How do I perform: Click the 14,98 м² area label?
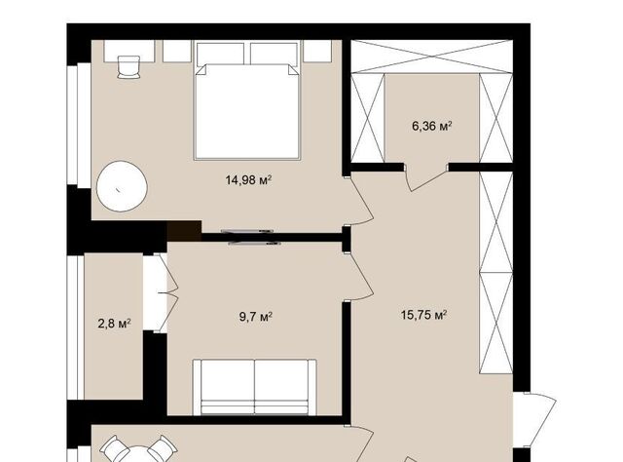[x=249, y=180]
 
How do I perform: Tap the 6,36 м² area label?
[x=432, y=126]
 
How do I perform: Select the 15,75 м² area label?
[x=424, y=315]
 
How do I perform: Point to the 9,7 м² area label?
[x=255, y=317]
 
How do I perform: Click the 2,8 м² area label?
[x=115, y=324]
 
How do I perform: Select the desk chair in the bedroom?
[x=128, y=67]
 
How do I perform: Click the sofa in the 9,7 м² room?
[x=255, y=387]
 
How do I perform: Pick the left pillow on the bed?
[x=220, y=54]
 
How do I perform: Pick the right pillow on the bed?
[x=274, y=54]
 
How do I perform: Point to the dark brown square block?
[x=184, y=231]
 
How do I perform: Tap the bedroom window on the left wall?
[x=79, y=125]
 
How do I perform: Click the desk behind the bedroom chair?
[x=129, y=51]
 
